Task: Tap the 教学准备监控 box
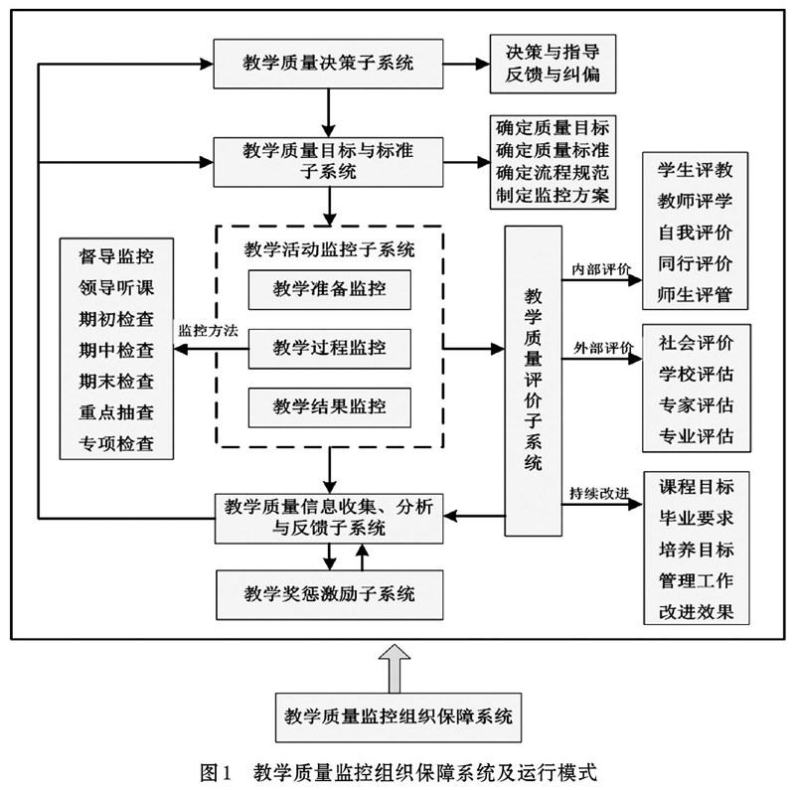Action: pos(329,290)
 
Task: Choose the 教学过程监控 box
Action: pos(329,349)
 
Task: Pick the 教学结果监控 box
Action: pos(329,406)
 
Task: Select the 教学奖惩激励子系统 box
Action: pos(329,594)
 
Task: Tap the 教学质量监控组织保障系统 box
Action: pos(397,714)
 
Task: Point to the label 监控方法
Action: pos(207,331)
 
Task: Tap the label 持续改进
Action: pos(599,492)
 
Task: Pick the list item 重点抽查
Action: pos(116,411)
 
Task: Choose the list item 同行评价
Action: pos(696,263)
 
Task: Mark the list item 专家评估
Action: pos(696,405)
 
